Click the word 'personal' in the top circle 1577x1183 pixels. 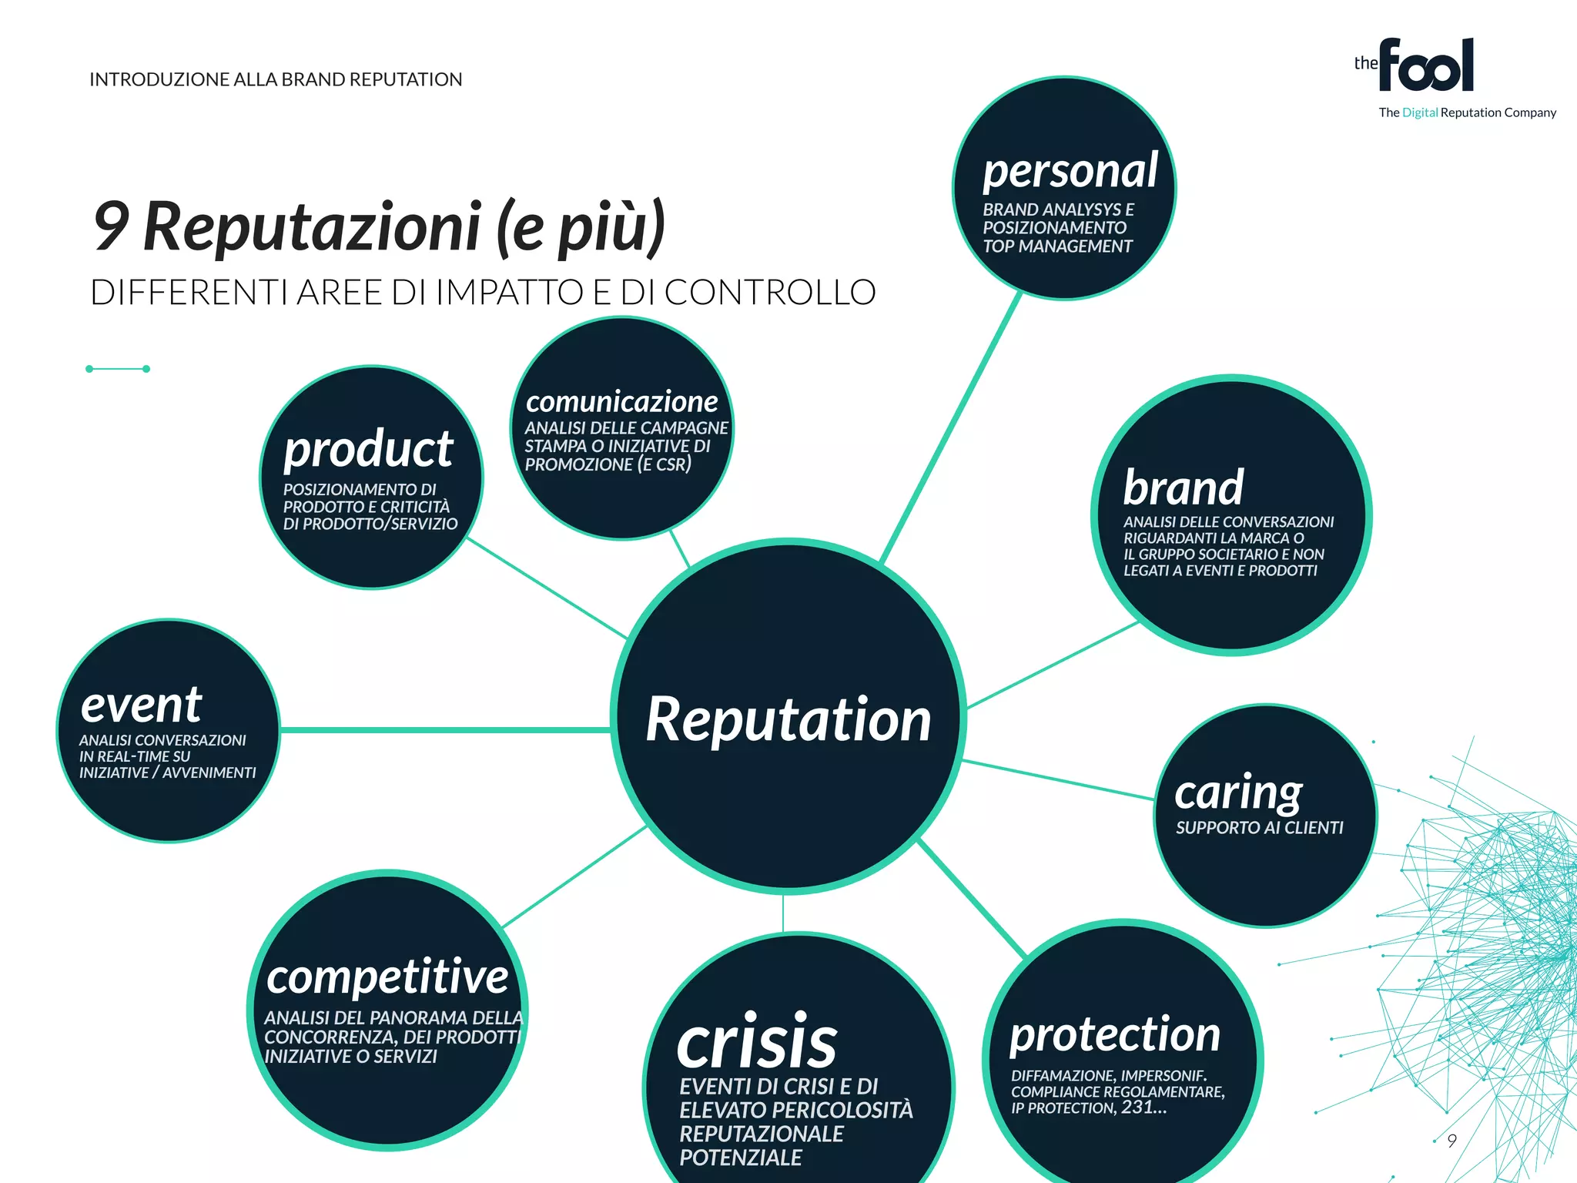pos(1070,171)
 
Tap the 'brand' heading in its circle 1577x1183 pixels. pos(1183,488)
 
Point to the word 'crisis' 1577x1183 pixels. pos(756,1042)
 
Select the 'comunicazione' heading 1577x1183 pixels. pos(621,401)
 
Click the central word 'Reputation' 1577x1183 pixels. pos(788,719)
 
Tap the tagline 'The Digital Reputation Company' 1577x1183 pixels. pos(1467,112)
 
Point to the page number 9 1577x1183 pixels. pos(1451,1141)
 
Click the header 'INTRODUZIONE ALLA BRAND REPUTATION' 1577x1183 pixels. pos(276,79)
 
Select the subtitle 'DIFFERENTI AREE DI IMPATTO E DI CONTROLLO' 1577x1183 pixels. pos(483,293)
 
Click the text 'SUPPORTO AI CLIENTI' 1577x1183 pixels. pos(1259,828)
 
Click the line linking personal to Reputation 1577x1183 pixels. pos(951,428)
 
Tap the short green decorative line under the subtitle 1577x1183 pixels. pos(118,369)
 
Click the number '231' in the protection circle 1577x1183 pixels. pos(1137,1107)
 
